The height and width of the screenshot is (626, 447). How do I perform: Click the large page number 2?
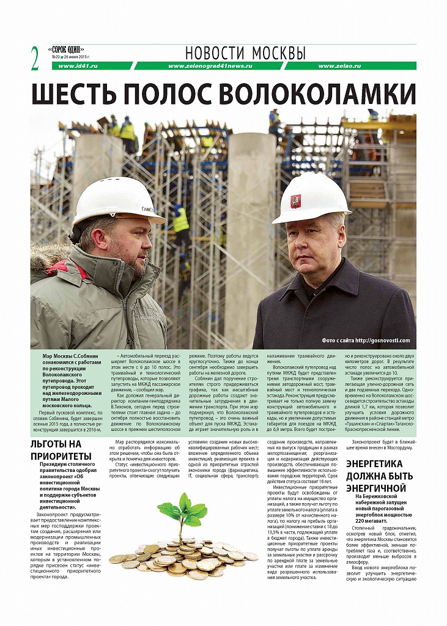tap(35, 57)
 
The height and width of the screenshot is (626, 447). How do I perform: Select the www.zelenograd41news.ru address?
tap(210, 66)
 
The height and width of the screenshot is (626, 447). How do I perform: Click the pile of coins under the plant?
tap(183, 557)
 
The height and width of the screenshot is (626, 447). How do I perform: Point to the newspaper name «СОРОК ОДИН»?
tap(67, 49)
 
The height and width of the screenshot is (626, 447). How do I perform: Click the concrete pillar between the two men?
tap(249, 232)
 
